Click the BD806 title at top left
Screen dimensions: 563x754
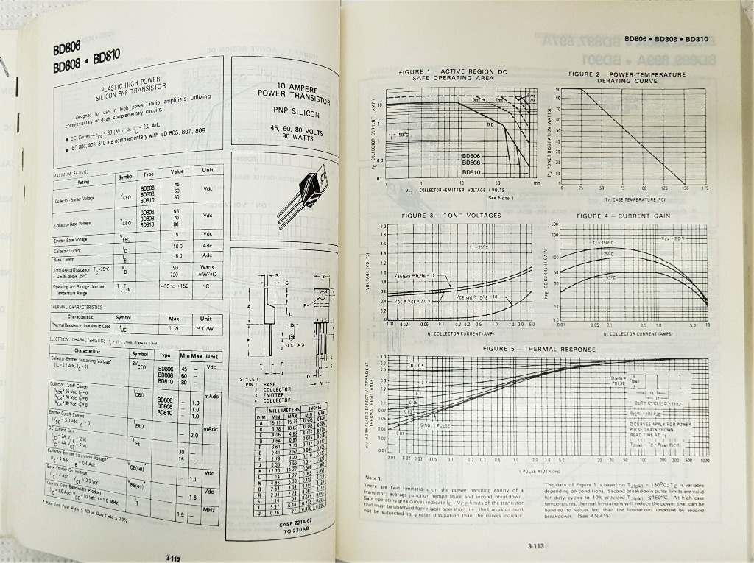(63, 49)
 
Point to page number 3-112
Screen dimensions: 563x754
(174, 558)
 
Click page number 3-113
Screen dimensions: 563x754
(535, 545)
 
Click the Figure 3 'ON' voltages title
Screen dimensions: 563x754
(451, 216)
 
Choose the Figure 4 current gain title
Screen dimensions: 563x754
(623, 216)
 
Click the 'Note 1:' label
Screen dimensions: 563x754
(374, 478)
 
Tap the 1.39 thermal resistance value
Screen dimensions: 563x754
(175, 327)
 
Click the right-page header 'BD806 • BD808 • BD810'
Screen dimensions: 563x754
(666, 38)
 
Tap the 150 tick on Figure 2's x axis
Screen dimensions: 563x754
(686, 188)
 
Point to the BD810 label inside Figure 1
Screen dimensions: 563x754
(471, 171)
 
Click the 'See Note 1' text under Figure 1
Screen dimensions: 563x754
(500, 197)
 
